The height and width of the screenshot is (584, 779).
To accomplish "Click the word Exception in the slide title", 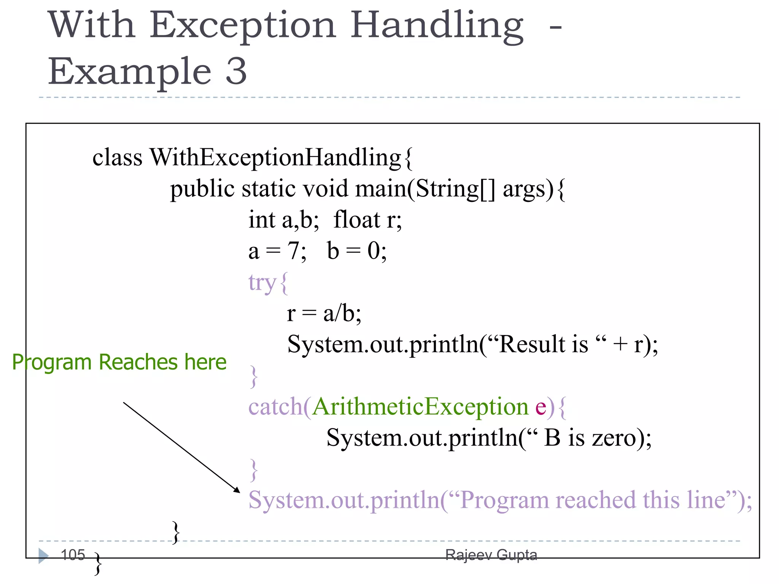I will coord(243,26).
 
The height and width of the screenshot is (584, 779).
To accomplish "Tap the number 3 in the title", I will coord(236,71).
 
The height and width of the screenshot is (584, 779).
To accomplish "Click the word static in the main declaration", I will coord(269,189).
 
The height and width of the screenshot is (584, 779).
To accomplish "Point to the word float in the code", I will coord(356,220).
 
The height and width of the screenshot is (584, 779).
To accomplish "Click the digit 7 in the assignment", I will coord(293,251).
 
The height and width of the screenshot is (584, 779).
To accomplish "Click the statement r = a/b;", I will coord(324,314).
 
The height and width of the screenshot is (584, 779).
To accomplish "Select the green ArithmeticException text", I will coord(420,407).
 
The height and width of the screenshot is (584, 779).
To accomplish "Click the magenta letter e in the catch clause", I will coord(541,408).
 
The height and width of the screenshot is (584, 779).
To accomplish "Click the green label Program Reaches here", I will coord(119,362).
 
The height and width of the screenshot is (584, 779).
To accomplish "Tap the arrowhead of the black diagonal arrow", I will coord(237,490).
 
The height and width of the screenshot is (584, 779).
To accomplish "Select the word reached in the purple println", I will coord(595,500).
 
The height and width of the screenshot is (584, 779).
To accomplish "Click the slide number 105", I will coord(73,555).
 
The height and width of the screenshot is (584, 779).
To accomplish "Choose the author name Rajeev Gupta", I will coord(491,555).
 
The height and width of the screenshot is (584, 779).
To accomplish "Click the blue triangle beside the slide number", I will coord(43,555).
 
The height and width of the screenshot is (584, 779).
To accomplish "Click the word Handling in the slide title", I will coord(437,26).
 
